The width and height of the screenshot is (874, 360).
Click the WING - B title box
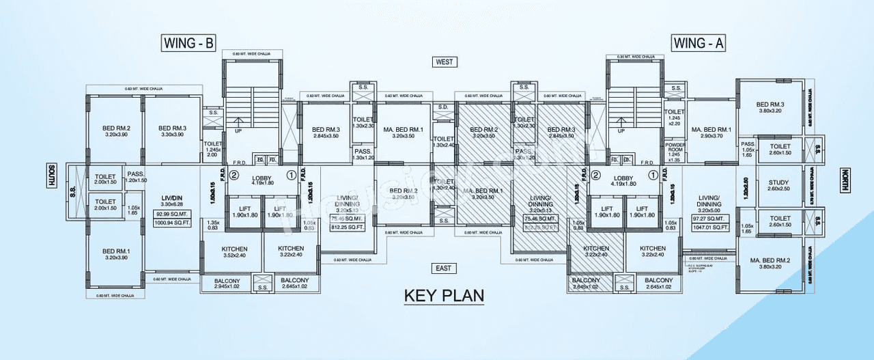tap(189, 43)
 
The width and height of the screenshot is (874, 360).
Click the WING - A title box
tap(699, 43)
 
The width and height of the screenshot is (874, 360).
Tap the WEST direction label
tap(445, 62)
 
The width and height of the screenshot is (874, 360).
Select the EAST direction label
tap(444, 268)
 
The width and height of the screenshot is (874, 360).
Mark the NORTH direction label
tap(845, 178)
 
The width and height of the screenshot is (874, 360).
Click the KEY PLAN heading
tap(444, 296)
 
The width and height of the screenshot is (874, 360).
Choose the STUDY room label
tap(778, 186)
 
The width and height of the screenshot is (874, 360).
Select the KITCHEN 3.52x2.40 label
tap(234, 252)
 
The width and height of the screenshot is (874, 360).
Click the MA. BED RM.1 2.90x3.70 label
tap(711, 133)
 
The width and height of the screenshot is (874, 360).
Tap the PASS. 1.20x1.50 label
tap(137, 177)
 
